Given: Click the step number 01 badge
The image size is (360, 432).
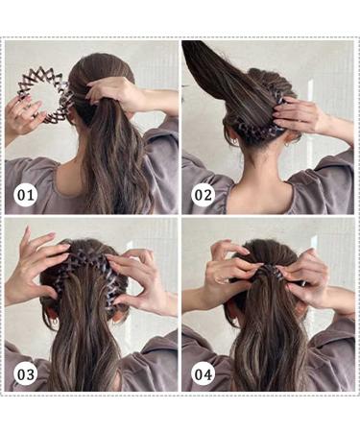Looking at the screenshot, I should (25, 196).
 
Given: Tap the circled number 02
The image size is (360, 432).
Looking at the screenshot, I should (204, 196).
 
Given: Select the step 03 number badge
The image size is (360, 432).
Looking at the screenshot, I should (25, 373).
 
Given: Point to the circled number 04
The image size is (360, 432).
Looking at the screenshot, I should (204, 373).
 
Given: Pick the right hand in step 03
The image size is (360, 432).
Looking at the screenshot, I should (145, 278).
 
